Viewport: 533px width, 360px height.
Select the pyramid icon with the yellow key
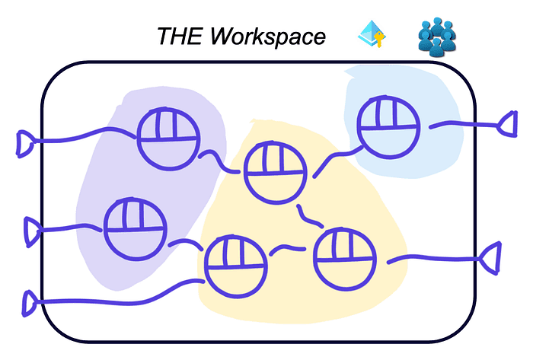372,35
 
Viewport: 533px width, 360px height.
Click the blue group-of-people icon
437,37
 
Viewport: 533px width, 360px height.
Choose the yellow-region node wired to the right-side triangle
344,258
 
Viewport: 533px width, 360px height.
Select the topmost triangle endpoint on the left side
25,142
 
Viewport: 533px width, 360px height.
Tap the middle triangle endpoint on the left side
33,231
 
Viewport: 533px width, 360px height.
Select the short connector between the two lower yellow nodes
290,248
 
